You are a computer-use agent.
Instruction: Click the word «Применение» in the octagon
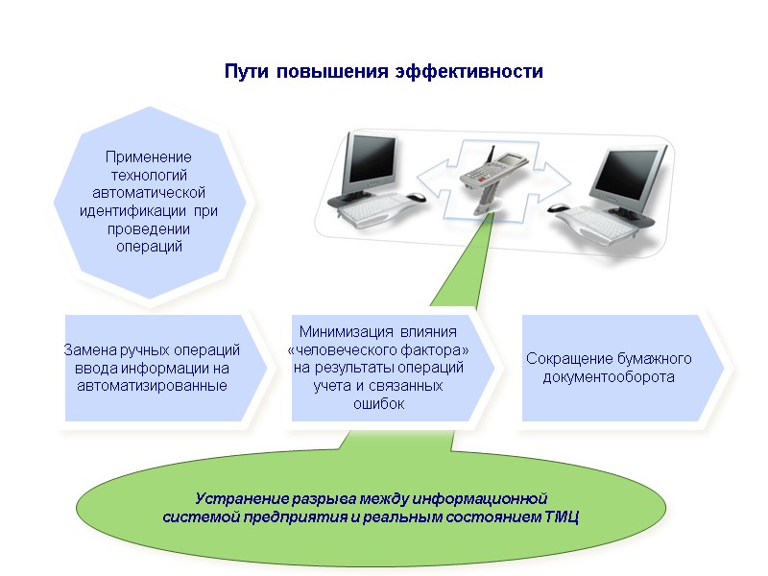click(x=149, y=156)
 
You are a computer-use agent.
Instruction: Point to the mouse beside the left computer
click(x=415, y=197)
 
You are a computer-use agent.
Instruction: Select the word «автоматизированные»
click(x=152, y=386)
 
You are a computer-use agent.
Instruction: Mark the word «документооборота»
click(x=609, y=377)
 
